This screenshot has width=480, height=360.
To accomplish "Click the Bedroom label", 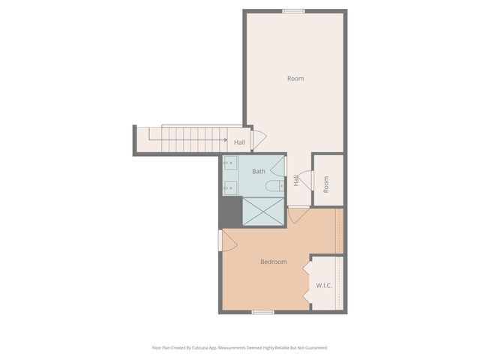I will point(274,262).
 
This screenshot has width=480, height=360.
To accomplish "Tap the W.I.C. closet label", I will point(324,286).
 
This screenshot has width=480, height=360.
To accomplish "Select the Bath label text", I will point(259,172).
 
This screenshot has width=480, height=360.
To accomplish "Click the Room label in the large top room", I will point(295,79).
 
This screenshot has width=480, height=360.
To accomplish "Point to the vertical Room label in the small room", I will point(326,184).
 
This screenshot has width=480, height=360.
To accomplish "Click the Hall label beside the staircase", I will point(239,142).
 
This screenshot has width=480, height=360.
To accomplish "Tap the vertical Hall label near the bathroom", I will point(297,180).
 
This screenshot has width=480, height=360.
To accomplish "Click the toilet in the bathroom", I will point(274,185).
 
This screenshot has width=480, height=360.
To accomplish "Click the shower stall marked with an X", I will point(262,211).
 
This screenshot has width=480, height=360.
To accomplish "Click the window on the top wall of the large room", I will point(293,10).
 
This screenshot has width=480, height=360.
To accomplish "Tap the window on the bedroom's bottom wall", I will point(262,311).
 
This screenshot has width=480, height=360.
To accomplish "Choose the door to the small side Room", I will point(305,178).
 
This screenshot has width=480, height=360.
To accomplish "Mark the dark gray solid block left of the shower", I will point(229,211).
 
